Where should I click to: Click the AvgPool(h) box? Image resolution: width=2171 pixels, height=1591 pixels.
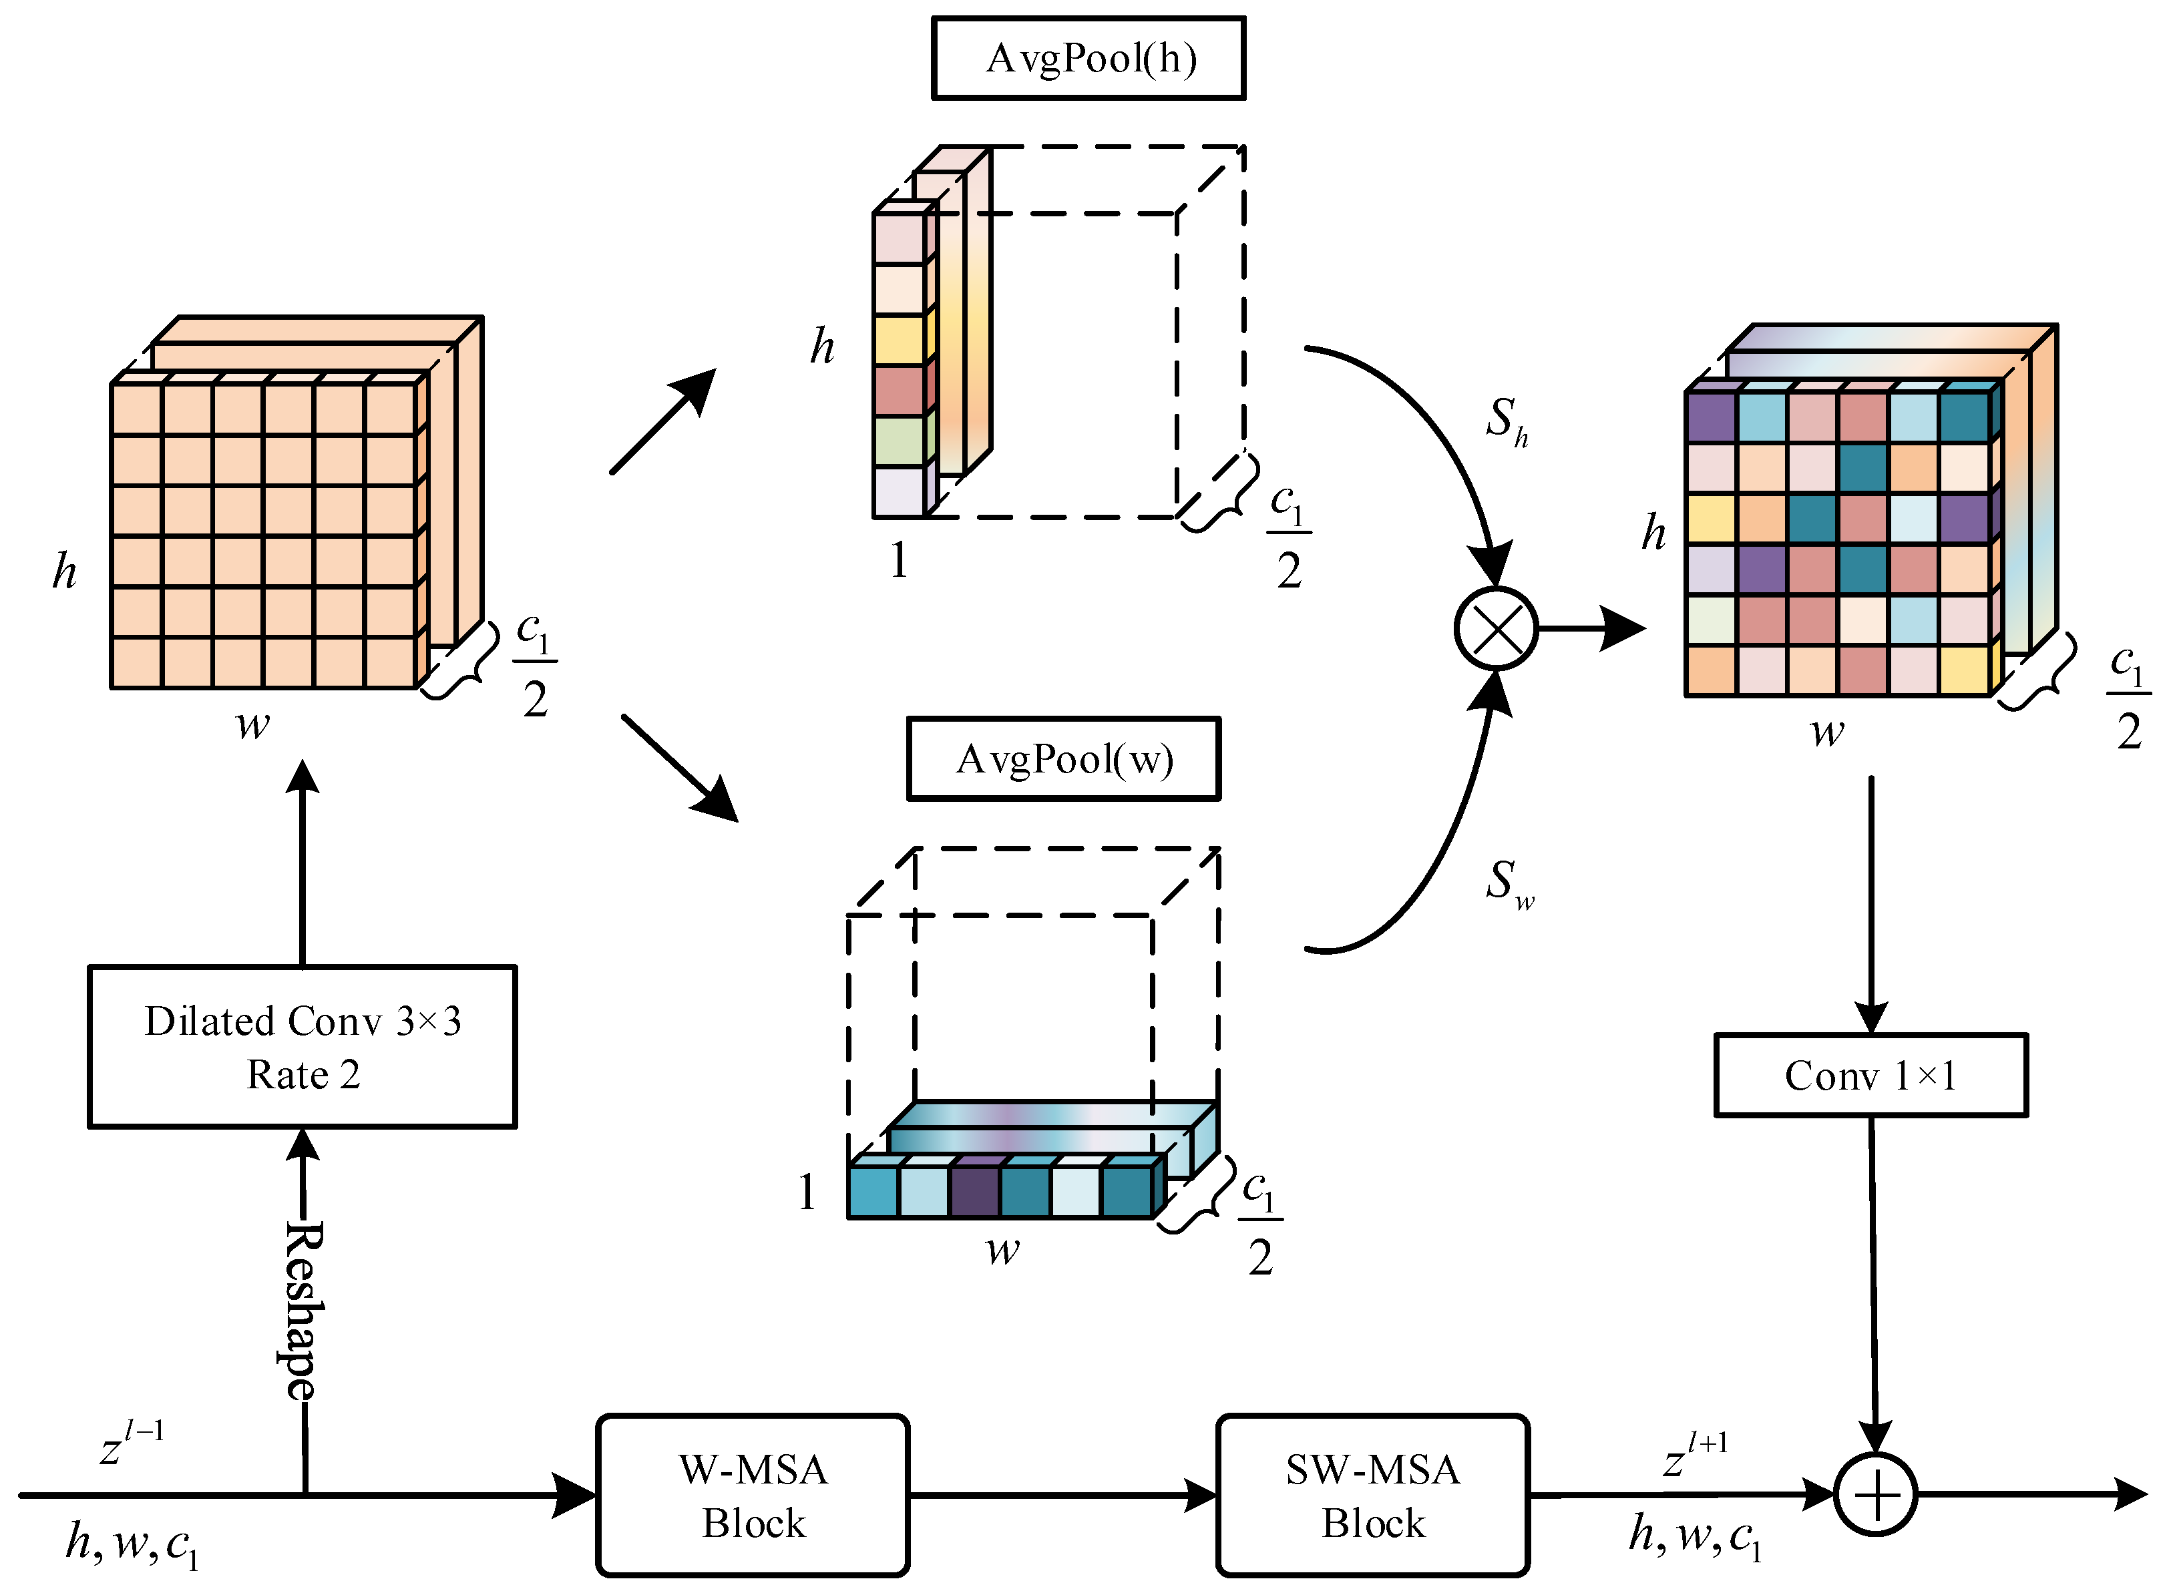(x=1089, y=58)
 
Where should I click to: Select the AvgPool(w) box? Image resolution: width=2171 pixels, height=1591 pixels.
(x=1063, y=759)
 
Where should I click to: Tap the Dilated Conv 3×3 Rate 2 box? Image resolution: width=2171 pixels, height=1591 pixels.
(x=303, y=1047)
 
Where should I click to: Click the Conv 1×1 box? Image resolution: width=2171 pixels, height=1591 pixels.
(x=1870, y=1076)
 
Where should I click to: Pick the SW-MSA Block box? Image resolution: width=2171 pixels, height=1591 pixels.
(x=1372, y=1496)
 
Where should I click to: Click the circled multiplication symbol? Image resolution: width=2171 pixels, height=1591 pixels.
(x=1496, y=629)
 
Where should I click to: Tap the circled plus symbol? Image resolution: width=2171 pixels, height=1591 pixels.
(x=1874, y=1496)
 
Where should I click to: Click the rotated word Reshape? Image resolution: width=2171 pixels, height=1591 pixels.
(x=303, y=1310)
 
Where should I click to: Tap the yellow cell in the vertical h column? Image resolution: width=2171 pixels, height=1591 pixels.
(x=899, y=339)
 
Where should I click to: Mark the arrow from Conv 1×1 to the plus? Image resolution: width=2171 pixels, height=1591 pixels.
(x=1873, y=1281)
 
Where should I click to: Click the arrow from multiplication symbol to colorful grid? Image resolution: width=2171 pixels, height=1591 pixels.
(x=1589, y=629)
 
